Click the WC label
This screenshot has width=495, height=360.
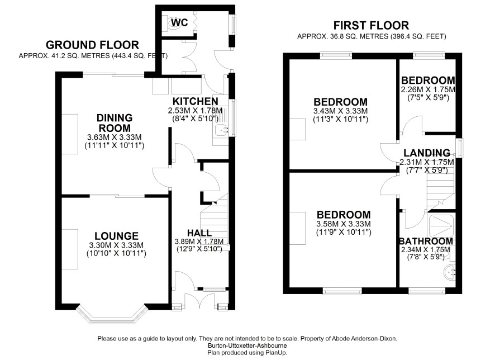coord(179,22)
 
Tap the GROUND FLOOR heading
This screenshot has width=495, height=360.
coord(92,45)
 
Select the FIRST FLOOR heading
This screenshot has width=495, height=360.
coord(371,25)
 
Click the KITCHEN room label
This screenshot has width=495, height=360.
coord(195,101)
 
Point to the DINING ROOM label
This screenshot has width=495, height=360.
coord(115,123)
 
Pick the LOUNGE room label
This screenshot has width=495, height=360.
coord(117,236)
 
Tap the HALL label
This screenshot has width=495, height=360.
coord(199,233)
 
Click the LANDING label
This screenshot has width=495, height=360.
coord(427,153)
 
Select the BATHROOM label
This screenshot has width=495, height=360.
coord(426,241)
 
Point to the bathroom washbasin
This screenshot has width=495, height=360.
coord(450,272)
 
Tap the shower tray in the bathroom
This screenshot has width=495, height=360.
coord(442,226)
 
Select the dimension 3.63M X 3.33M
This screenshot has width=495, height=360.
coord(115,138)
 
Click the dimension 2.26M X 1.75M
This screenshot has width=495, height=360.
coord(428,89)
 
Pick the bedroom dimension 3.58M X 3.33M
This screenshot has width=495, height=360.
coord(344,224)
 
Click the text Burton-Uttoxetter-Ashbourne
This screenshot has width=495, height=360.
coord(247,345)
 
